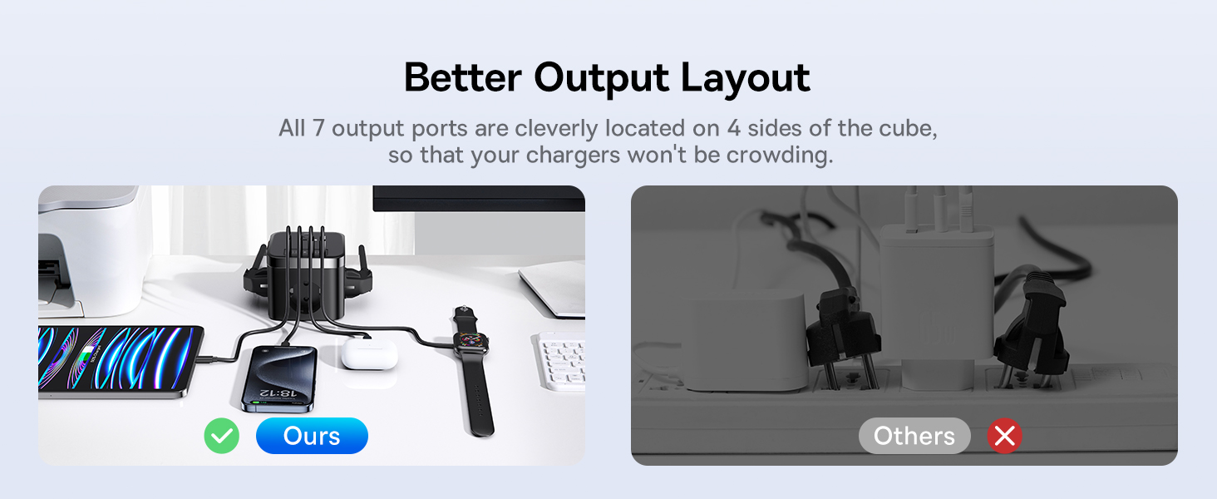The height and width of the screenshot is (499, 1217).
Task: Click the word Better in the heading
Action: coord(463,77)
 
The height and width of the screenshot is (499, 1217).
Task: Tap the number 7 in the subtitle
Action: coord(318,128)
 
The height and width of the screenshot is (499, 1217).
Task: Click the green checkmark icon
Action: coord(222,436)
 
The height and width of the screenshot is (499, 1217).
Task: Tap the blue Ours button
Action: coord(312,436)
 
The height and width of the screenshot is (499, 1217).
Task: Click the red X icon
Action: coord(1004,436)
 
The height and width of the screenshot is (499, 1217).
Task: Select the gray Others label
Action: coord(914,436)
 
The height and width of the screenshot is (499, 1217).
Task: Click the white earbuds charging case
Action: coord(369,354)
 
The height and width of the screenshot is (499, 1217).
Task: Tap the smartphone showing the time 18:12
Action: coord(279,379)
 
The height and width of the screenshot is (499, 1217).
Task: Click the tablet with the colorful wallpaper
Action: coord(120,361)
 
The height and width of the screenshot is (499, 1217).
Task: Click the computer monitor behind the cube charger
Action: coord(479,199)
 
